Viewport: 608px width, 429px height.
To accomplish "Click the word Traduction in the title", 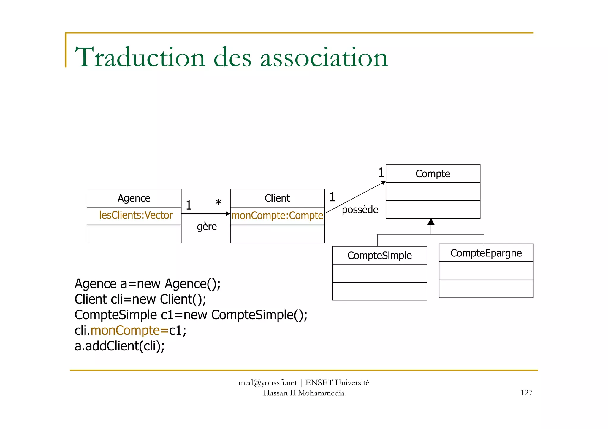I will click(x=140, y=57).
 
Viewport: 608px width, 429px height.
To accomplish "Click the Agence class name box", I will click(x=134, y=198).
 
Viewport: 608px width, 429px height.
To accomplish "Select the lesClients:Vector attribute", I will click(x=136, y=215).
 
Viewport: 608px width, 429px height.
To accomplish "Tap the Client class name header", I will click(x=277, y=198).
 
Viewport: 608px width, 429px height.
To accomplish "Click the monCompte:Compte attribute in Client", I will click(x=277, y=216).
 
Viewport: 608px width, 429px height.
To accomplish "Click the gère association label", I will click(x=207, y=227).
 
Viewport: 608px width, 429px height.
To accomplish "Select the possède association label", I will click(x=360, y=210).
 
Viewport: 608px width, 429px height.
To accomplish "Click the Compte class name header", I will click(x=433, y=174).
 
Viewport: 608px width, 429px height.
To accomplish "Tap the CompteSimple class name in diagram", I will click(x=379, y=256).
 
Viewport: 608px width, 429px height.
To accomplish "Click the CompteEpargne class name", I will click(x=486, y=253).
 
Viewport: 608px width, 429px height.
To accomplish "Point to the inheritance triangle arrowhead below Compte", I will click(x=431, y=222).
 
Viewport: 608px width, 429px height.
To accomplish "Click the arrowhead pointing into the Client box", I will click(x=228, y=213).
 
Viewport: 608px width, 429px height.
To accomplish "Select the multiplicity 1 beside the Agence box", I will click(x=189, y=205).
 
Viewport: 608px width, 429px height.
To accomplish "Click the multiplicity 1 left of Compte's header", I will click(x=381, y=172).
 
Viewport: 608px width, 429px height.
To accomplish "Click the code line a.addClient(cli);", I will click(x=120, y=346).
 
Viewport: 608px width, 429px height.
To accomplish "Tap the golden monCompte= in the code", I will click(x=129, y=331).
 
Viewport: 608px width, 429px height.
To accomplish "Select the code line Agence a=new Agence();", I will click(x=148, y=284).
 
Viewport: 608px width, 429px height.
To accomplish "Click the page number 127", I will click(x=526, y=393).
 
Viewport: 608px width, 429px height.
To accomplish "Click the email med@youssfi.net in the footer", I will click(x=267, y=383).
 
